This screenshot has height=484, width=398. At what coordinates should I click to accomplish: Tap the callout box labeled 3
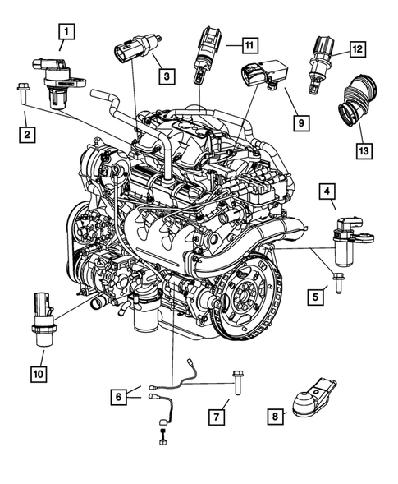[x=167, y=76]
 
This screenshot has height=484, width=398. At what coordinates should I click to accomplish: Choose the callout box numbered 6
[x=121, y=397]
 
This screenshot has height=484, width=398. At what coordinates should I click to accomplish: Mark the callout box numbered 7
[x=215, y=418]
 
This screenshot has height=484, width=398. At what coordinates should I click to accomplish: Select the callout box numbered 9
[x=300, y=122]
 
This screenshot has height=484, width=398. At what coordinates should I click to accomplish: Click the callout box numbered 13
[x=362, y=150]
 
